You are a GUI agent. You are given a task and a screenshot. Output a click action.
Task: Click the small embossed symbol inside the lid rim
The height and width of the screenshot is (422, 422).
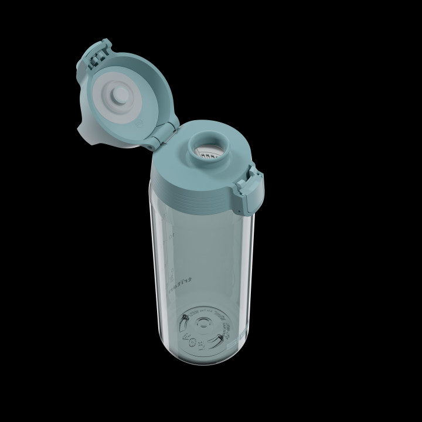(139, 123)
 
